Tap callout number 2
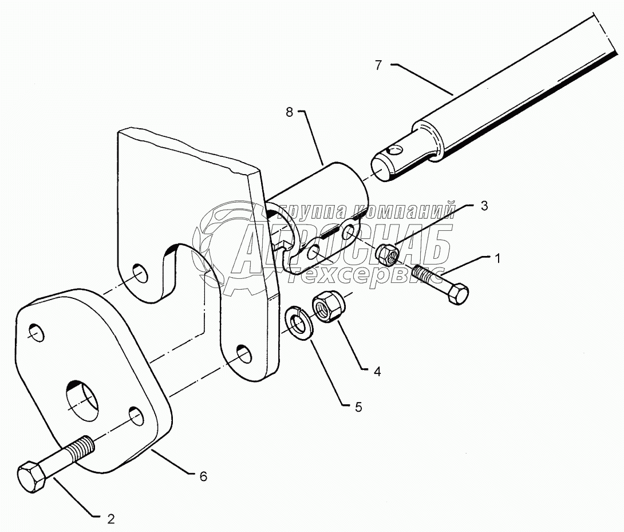(x=111, y=519)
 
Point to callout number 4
(x=377, y=371)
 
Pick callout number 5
(x=358, y=407)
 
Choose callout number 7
(x=378, y=65)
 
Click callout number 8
(x=290, y=113)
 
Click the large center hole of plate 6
(x=83, y=397)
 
